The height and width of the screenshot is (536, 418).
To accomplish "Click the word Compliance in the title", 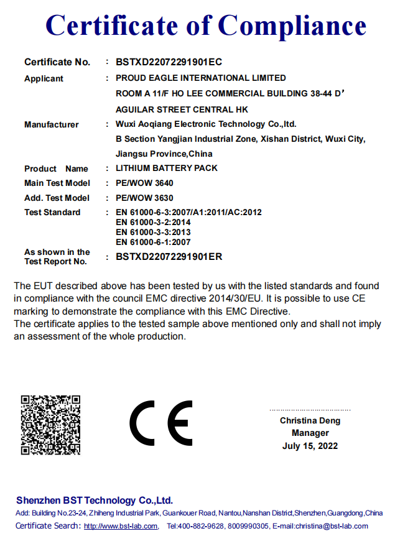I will [x=292, y=25].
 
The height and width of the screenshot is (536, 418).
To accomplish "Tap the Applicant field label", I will [x=44, y=79].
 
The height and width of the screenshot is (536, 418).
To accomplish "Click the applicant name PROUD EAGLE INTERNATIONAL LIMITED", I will [x=201, y=78].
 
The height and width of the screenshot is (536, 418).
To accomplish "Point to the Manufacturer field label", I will [x=52, y=125].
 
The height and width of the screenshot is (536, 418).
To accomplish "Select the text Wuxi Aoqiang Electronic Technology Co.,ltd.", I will [x=206, y=124].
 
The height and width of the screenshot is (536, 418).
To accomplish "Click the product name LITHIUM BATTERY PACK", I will [x=167, y=169].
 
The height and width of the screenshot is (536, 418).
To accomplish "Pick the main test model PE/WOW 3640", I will [x=144, y=183].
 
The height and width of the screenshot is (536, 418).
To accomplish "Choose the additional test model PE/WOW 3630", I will [x=144, y=198].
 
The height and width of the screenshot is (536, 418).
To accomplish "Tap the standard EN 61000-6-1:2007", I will [x=153, y=242].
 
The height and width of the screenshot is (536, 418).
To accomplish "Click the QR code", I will [x=50, y=425].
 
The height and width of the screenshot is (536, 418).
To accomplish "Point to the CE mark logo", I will [x=161, y=423].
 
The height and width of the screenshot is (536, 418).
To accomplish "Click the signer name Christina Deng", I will [x=310, y=421].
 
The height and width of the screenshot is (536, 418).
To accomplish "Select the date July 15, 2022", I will [x=310, y=446].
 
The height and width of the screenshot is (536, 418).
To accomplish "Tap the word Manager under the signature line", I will [x=310, y=433].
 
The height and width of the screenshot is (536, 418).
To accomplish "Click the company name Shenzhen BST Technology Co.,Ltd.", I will [x=95, y=501].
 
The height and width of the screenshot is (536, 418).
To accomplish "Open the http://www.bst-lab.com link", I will [x=121, y=526].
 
